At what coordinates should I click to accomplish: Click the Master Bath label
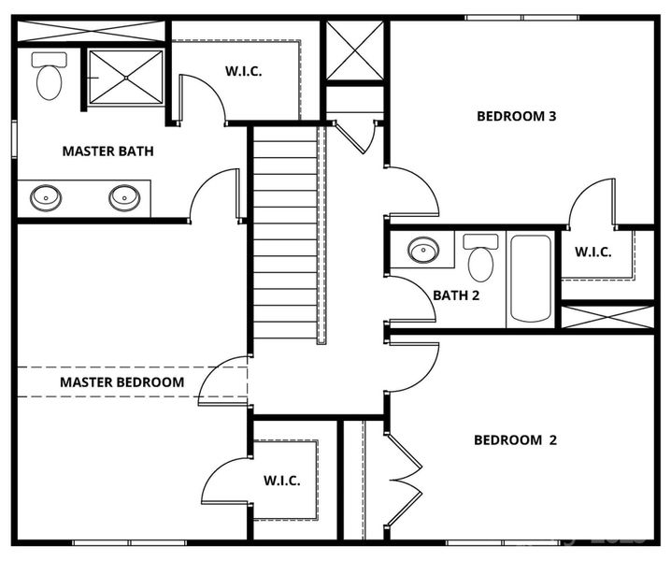point(107,151)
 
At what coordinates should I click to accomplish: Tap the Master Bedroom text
point(122,382)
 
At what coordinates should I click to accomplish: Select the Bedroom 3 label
point(517,117)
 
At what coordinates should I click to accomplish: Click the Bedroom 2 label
point(515,440)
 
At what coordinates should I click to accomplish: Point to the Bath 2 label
point(456,295)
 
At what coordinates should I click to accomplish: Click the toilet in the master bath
point(49,77)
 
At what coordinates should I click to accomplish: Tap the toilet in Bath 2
point(480,258)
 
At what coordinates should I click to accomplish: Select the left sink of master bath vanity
point(46,198)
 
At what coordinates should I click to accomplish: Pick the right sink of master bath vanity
point(124,198)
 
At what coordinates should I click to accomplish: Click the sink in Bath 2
point(423,251)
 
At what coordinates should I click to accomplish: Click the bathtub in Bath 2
point(530,279)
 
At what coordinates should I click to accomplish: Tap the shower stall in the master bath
point(125,78)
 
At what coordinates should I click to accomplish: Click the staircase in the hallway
point(285,234)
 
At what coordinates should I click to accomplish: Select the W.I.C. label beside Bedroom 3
point(593,252)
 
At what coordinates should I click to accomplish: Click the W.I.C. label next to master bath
point(244,71)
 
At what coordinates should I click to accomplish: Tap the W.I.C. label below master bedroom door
point(281,481)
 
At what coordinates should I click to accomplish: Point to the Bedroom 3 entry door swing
point(411,193)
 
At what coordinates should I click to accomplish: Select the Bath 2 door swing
point(409,299)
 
